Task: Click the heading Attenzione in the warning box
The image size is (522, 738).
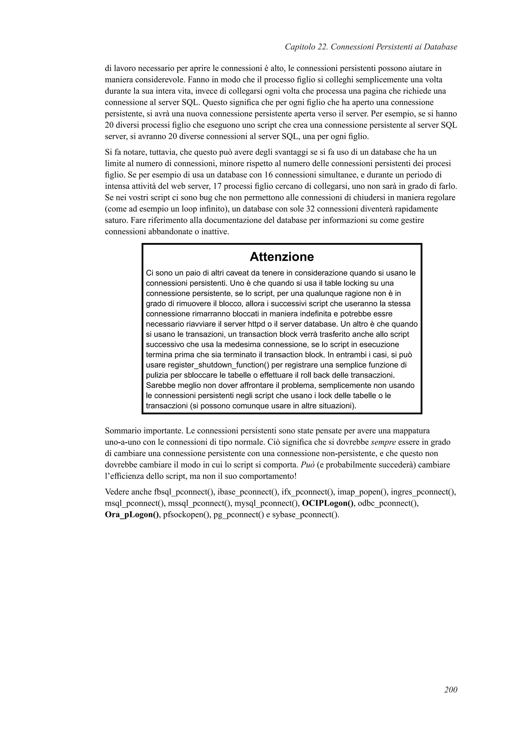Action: click(x=281, y=257)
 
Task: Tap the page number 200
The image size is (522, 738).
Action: click(x=451, y=699)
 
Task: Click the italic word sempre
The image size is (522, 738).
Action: click(x=383, y=442)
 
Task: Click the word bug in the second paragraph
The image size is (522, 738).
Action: click(x=193, y=197)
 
